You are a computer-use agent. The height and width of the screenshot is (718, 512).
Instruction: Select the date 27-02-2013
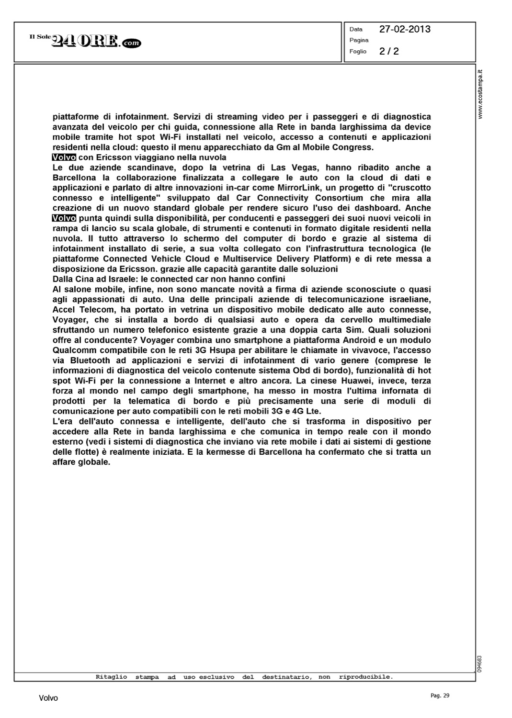pyautogui.click(x=405, y=29)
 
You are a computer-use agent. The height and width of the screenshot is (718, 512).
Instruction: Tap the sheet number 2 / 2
pyautogui.click(x=388, y=51)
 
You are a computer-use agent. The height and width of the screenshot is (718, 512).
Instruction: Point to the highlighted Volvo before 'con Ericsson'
pyautogui.click(x=61, y=157)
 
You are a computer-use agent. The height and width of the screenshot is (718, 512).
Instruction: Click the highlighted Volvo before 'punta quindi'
pyautogui.click(x=61, y=218)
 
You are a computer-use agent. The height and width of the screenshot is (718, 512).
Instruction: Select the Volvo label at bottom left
pyautogui.click(x=48, y=698)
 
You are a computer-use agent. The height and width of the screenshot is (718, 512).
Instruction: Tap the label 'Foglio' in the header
pyautogui.click(x=358, y=51)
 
